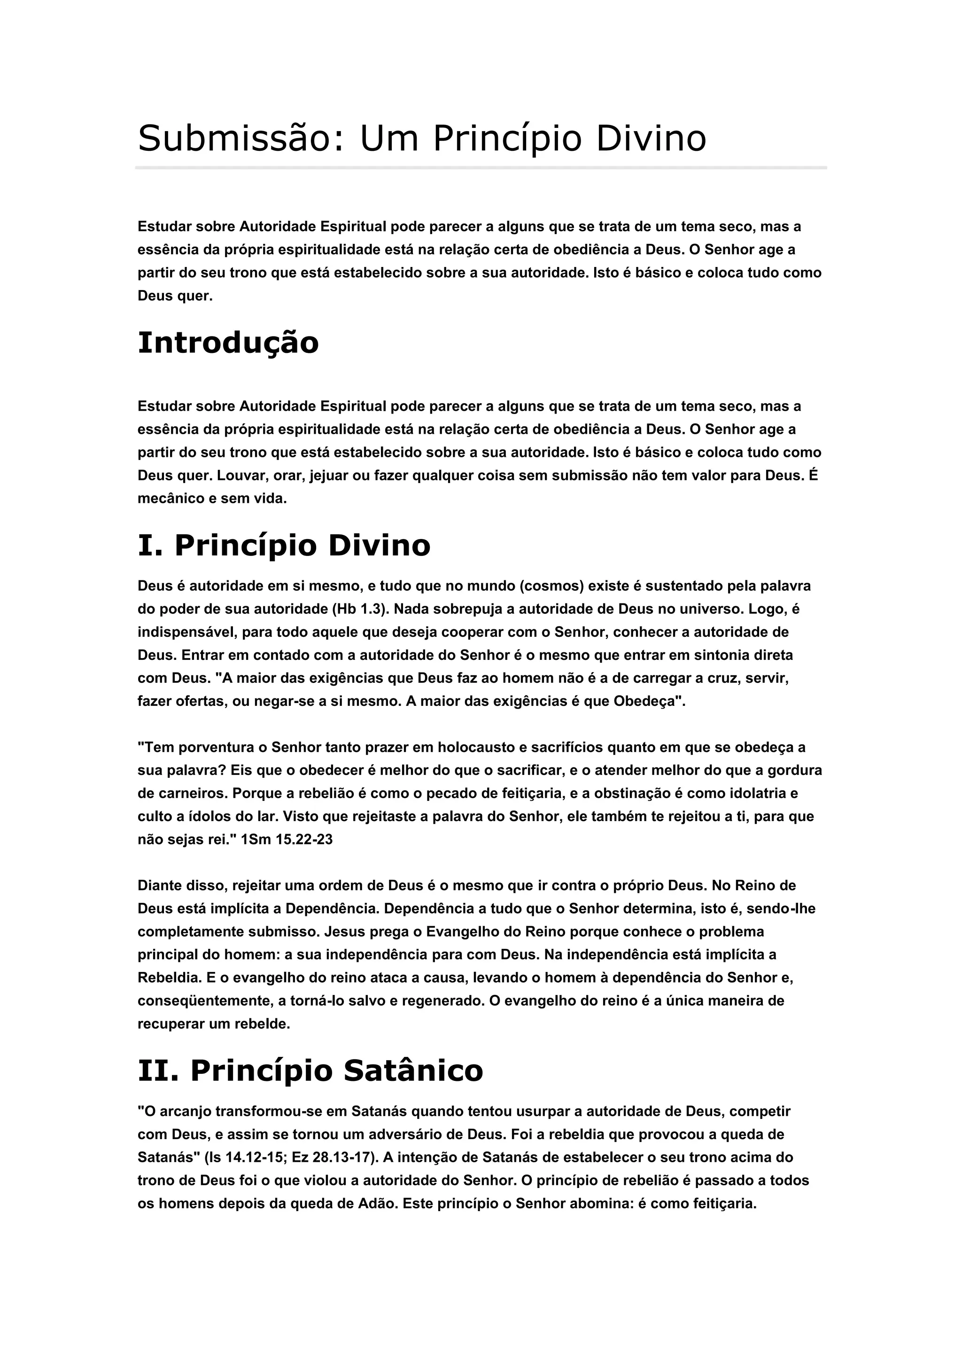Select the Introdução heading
[228, 343]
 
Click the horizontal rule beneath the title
[481, 168]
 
